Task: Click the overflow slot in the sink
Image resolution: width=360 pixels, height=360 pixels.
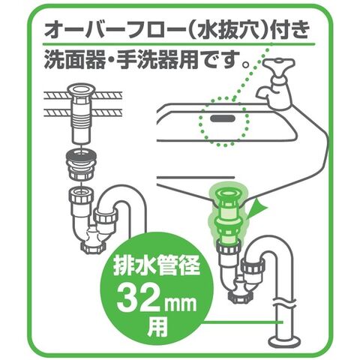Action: [223, 118]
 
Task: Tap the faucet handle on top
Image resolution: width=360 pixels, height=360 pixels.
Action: [278, 65]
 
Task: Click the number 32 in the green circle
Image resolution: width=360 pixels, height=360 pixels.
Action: [137, 298]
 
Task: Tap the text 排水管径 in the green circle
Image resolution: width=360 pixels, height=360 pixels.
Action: [157, 266]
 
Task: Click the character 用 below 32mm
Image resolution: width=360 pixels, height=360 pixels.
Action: [157, 325]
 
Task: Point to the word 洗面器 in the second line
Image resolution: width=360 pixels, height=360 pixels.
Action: [75, 60]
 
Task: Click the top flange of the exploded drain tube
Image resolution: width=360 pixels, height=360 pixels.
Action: [82, 89]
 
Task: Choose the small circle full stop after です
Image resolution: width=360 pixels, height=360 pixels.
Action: [246, 64]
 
